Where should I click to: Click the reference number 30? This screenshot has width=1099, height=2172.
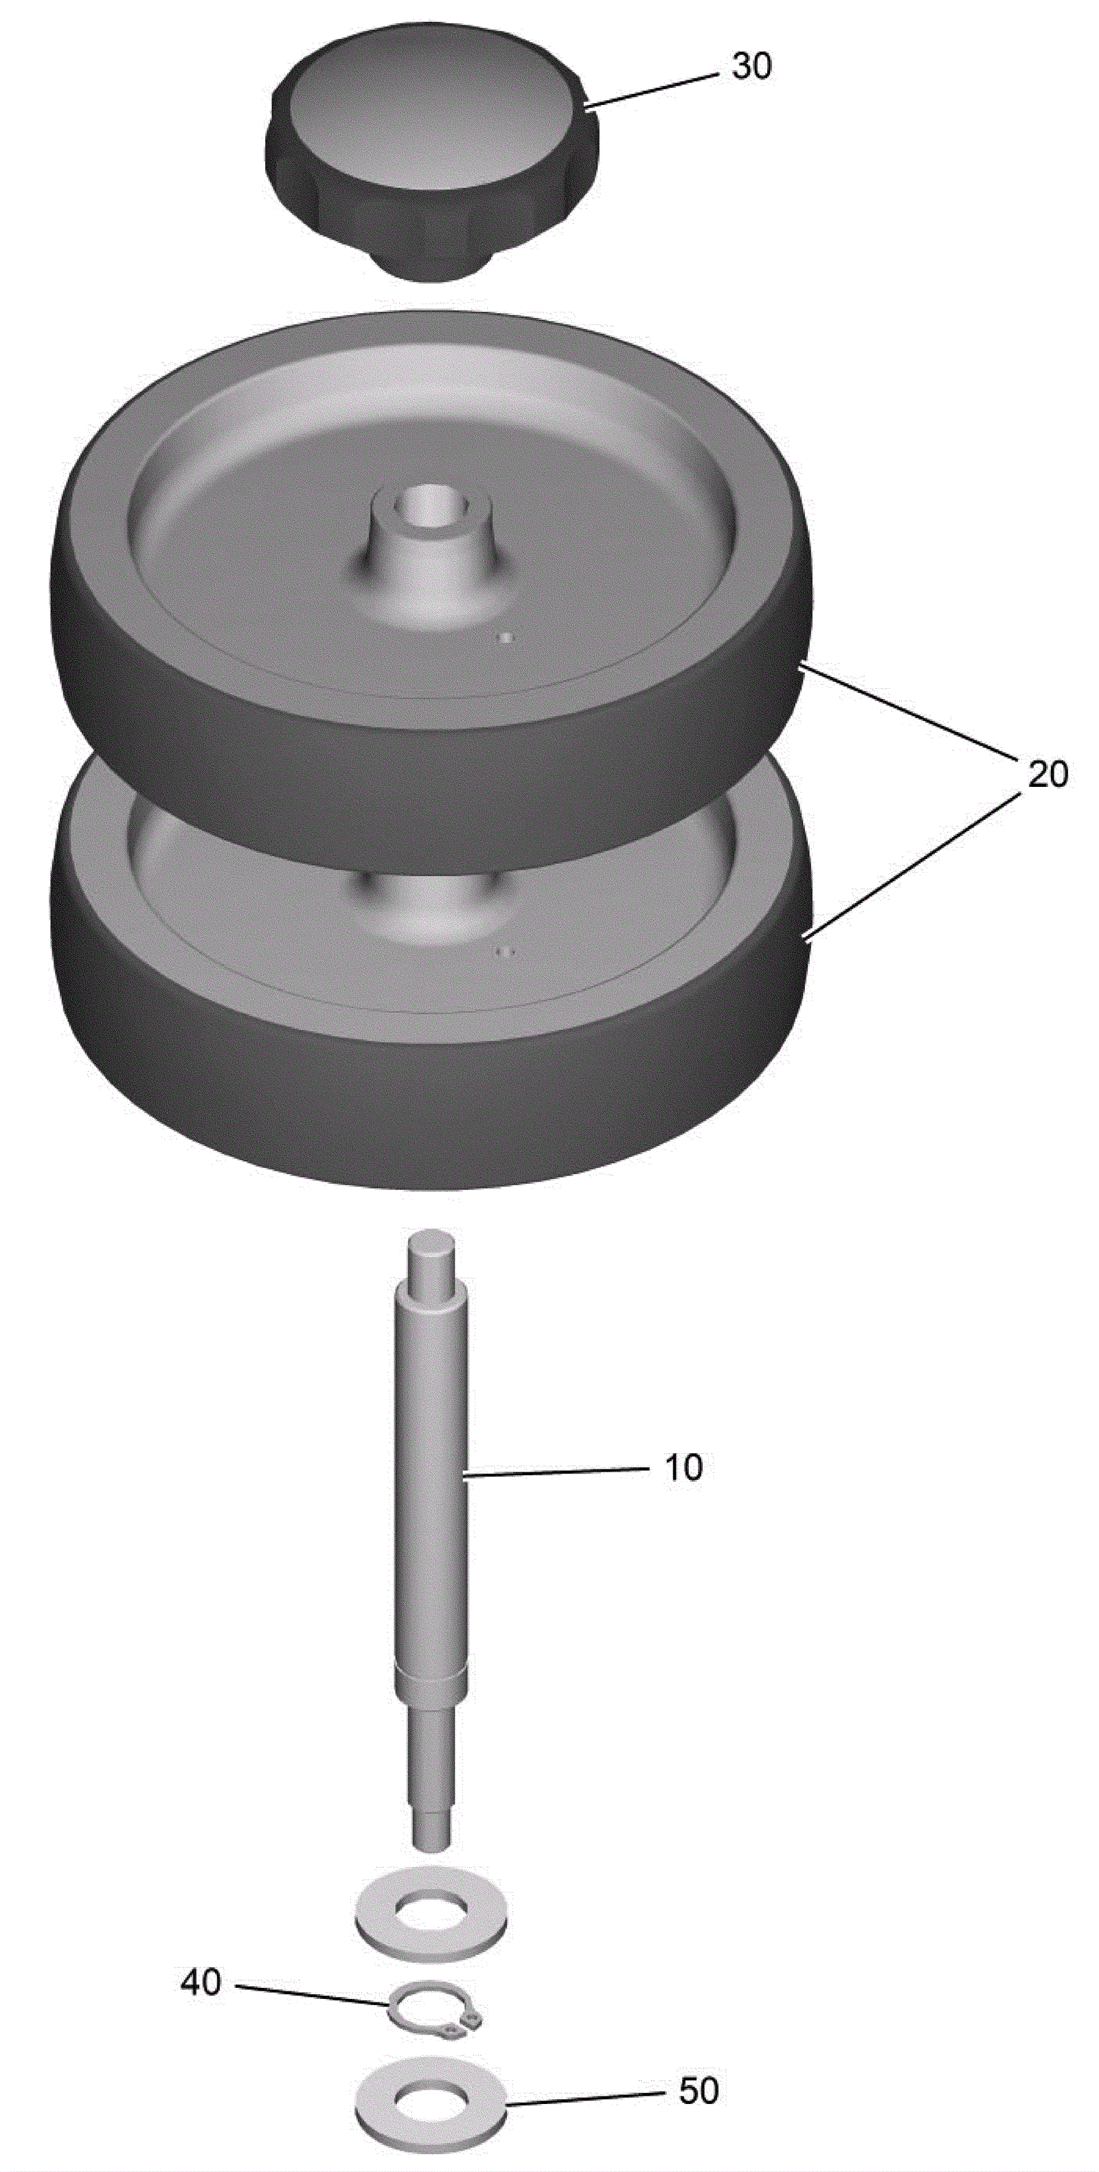point(751,67)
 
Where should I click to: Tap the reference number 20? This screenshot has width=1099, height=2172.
point(1047,773)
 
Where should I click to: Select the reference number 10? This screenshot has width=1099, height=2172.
point(684,1468)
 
